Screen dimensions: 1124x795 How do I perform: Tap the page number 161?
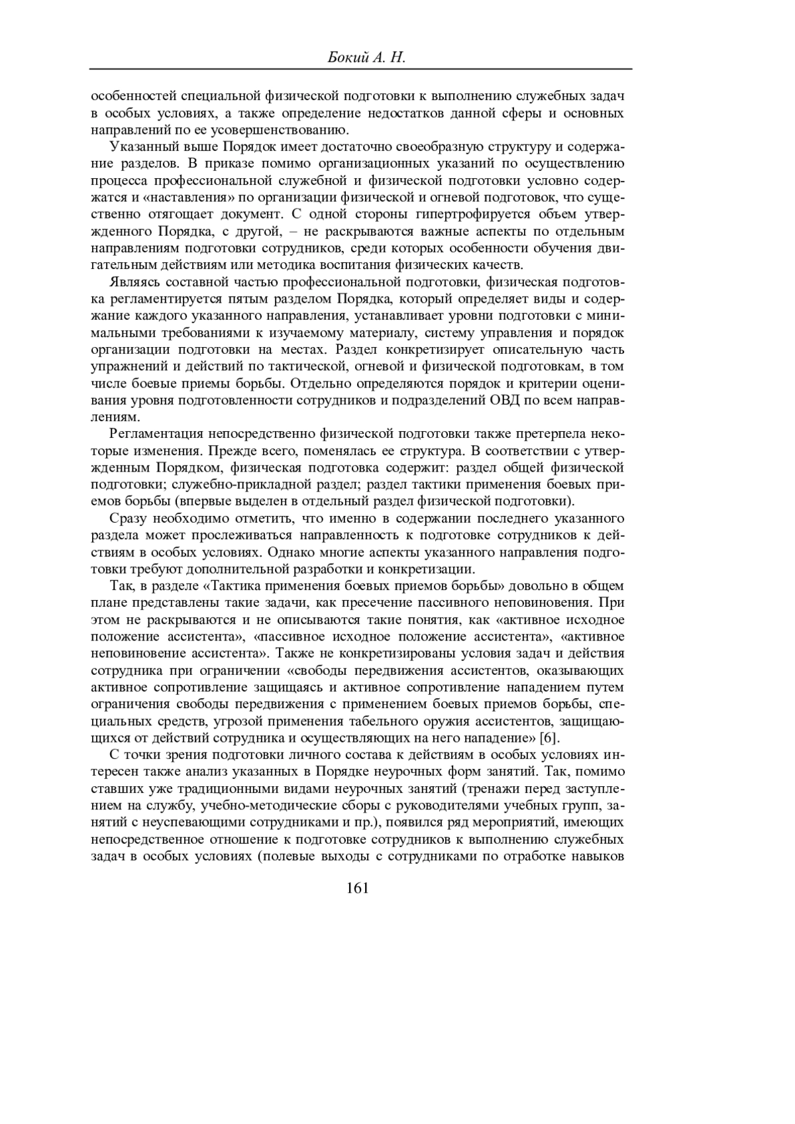[x=357, y=888]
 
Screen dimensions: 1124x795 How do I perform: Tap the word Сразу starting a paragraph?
[x=127, y=517]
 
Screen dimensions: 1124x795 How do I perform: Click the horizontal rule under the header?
[x=360, y=69]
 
